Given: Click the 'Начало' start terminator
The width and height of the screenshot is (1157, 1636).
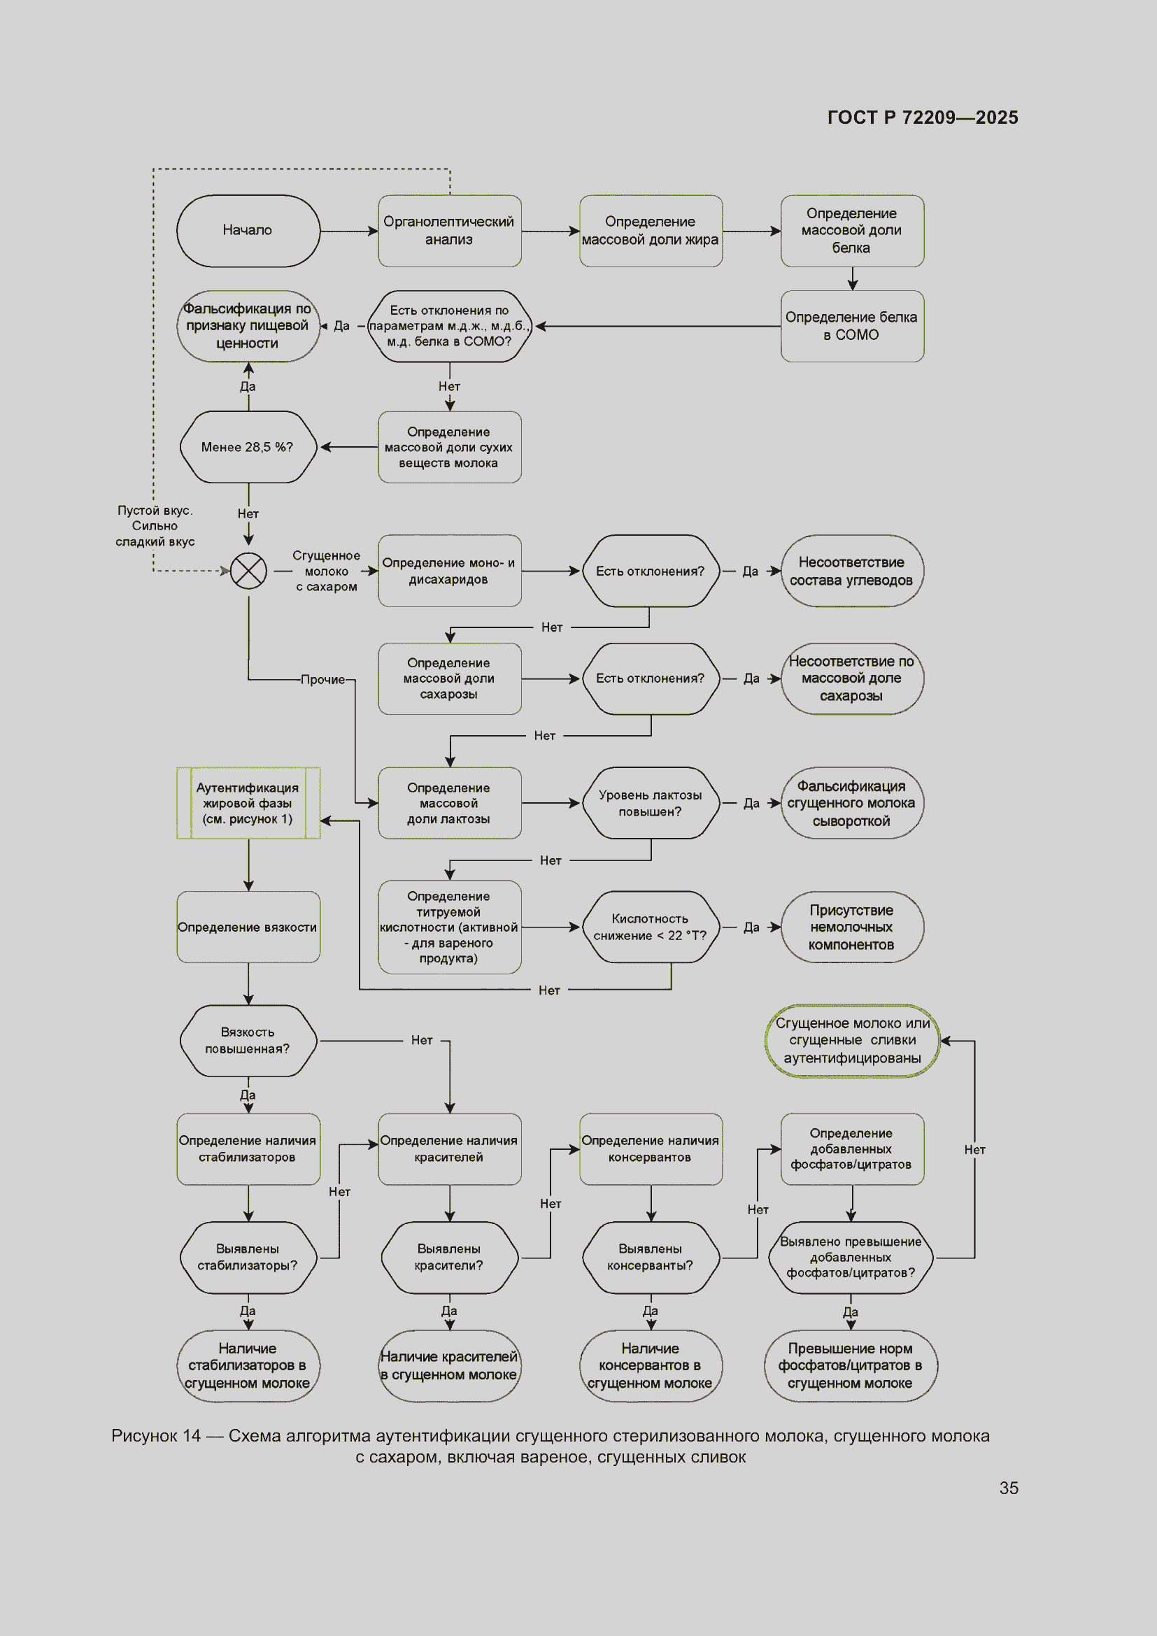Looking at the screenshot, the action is (248, 231).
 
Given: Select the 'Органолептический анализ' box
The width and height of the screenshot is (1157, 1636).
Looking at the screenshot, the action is (450, 231).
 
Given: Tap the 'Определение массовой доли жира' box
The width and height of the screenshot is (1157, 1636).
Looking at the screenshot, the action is (651, 231).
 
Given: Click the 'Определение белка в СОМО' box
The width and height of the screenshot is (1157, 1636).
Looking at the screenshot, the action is (852, 327).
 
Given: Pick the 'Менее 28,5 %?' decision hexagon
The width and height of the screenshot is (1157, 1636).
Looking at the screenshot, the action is (248, 447).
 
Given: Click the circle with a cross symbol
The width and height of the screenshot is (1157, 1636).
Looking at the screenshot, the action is (248, 571).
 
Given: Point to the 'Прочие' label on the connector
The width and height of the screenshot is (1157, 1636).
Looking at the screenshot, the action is (322, 680).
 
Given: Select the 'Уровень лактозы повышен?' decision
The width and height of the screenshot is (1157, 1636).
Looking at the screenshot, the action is (651, 803).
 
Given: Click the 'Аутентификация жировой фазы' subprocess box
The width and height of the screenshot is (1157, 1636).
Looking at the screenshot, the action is (248, 803).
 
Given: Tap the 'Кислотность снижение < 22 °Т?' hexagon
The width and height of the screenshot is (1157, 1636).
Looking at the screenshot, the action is (651, 927).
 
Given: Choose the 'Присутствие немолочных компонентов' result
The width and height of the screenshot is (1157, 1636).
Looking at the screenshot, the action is (852, 927).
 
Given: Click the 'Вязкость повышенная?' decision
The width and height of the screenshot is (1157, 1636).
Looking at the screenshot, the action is (248, 1041).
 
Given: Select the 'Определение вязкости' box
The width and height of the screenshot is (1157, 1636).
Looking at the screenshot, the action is (248, 927).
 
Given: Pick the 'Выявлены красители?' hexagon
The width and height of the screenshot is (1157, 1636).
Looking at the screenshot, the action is (450, 1258).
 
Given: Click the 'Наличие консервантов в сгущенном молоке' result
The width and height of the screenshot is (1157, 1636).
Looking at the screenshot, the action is (651, 1366).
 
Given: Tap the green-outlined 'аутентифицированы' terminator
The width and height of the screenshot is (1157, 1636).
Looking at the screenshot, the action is (852, 1041).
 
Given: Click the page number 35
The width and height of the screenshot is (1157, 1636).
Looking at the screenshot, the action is (1009, 1488).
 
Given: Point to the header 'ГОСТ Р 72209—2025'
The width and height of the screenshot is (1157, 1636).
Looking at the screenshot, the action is (923, 118).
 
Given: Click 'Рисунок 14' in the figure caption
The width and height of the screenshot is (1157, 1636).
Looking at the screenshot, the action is (156, 1436).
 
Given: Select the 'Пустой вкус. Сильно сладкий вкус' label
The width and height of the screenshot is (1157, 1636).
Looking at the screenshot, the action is (155, 526).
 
